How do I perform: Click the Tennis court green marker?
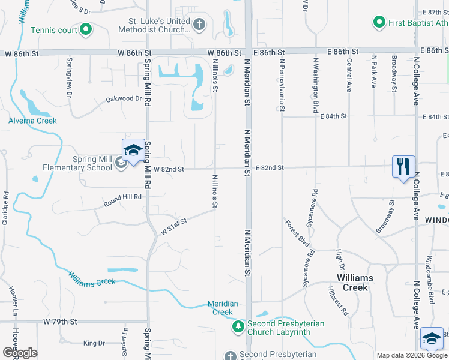coord(86,29)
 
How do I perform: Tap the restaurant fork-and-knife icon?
coord(403,165)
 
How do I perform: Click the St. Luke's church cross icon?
coord(199,25)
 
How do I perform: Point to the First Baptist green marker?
coord(379,23)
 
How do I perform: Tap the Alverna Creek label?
coord(32,121)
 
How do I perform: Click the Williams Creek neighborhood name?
coord(355,283)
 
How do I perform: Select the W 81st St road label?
coord(174,226)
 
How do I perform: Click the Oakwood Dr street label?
coord(123,98)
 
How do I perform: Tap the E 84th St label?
coord(334,116)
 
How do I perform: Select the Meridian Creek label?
coord(223,308)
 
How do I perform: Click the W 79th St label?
coord(61,322)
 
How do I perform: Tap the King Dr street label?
coord(94,343)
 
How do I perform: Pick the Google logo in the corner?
coord(20,353)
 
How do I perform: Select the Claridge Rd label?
coord(5,208)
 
